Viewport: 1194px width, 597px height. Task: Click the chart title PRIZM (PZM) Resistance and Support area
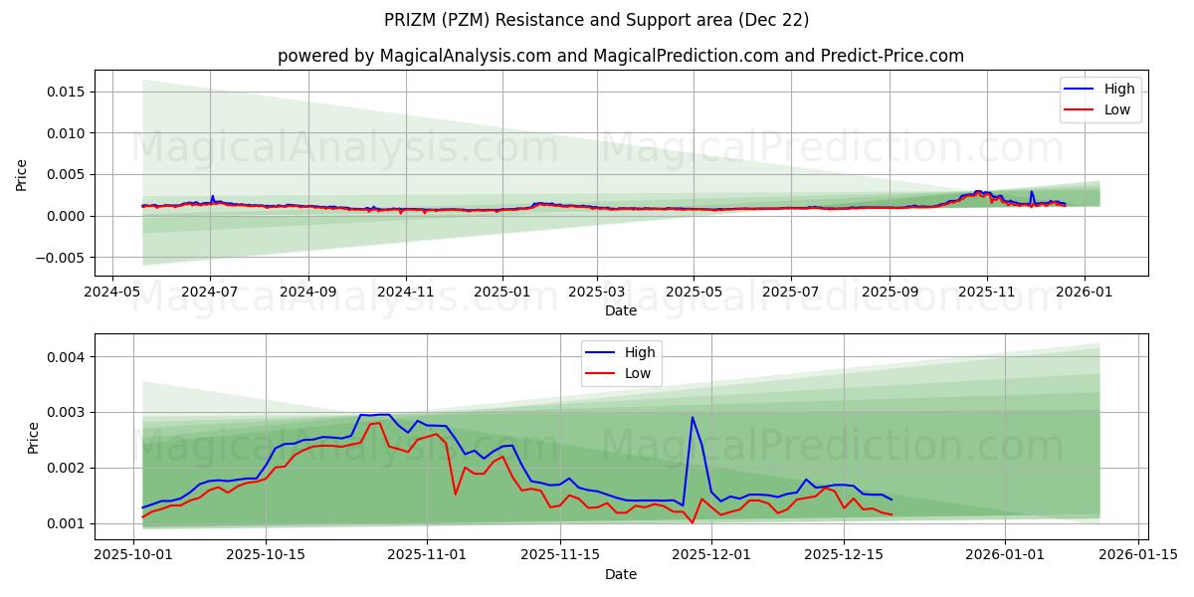[x=596, y=20]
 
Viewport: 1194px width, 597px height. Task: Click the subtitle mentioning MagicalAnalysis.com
[x=620, y=56]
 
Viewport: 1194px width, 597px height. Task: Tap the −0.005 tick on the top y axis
[x=61, y=258]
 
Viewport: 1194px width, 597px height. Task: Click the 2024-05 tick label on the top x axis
[x=111, y=293]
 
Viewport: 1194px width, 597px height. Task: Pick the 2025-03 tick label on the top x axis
[x=597, y=293]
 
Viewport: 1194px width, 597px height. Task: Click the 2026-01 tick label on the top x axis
[x=1084, y=293]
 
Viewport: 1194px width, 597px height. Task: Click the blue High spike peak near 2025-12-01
[x=693, y=417]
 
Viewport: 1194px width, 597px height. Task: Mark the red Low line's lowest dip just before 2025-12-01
[x=693, y=523]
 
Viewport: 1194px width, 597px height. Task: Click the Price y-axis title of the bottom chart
[x=34, y=438]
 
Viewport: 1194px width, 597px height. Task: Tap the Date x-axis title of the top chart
[x=621, y=311]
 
